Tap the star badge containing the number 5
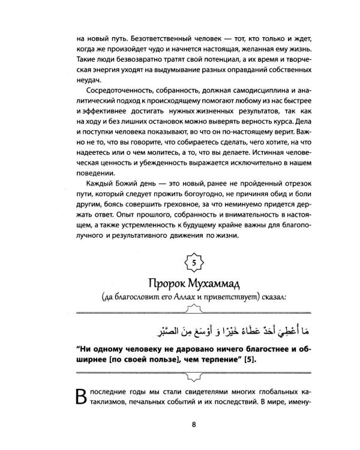coord(193,263)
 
